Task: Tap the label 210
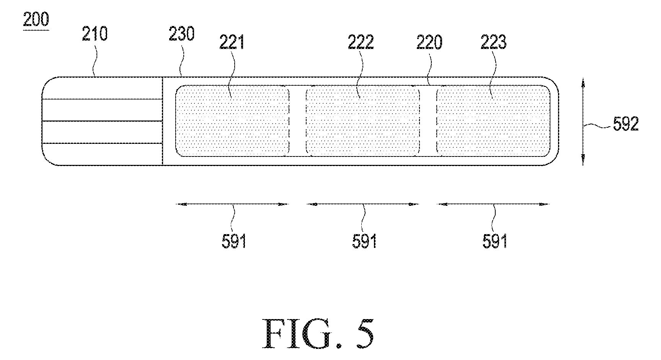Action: point(95,34)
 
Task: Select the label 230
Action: point(182,34)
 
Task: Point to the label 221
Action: point(232,42)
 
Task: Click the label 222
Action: point(361,42)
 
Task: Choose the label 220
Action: point(429,42)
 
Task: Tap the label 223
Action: point(494,42)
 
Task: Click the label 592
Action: point(626,125)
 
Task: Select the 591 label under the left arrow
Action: point(234,242)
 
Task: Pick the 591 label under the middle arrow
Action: point(364,242)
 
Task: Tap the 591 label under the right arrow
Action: point(495,242)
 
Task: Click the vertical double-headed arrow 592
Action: point(583,121)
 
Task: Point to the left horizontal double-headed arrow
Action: point(232,204)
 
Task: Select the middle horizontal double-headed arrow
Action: point(362,204)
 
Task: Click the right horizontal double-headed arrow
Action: point(493,204)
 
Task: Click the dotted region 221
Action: point(232,121)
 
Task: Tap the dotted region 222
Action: point(363,121)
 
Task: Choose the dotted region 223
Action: point(493,121)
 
